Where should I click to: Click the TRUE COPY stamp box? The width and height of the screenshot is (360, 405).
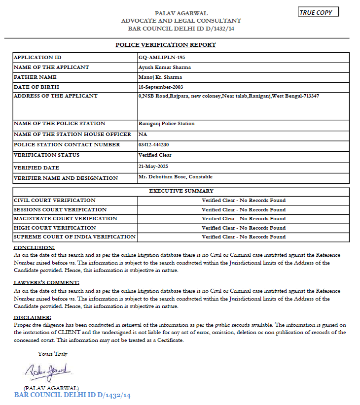click(x=319, y=12)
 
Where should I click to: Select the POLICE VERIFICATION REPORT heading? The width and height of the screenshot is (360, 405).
click(x=166, y=45)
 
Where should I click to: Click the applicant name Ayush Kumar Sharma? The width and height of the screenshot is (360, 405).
click(x=165, y=67)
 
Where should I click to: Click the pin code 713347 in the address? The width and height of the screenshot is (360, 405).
click(x=310, y=96)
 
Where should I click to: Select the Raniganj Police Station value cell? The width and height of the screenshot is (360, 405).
click(x=167, y=124)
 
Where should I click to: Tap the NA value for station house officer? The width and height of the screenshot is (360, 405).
click(x=143, y=134)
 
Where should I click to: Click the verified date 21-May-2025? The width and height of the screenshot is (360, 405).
click(x=153, y=166)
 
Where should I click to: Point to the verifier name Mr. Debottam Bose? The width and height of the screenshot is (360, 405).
click(x=166, y=176)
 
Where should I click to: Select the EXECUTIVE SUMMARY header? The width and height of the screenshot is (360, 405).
click(x=181, y=191)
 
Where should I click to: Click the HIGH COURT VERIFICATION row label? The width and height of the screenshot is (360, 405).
click(x=55, y=228)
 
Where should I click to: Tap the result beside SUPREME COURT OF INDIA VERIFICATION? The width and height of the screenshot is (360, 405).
click(x=244, y=236)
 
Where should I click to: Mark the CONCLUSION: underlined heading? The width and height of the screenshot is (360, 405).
click(x=34, y=247)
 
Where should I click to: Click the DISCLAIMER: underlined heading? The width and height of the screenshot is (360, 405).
click(x=32, y=318)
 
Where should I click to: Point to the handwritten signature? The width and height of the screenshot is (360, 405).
click(x=48, y=371)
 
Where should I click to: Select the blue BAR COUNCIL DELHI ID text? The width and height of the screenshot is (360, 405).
click(x=72, y=395)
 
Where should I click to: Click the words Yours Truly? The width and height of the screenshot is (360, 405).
click(x=53, y=354)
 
